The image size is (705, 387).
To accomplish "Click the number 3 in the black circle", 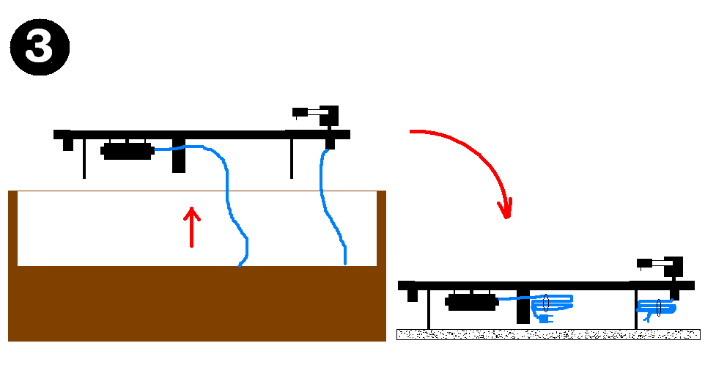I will (x=39, y=47).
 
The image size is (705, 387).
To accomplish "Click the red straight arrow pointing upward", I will (x=191, y=226).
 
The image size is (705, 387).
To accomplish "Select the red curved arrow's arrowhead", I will (x=504, y=208).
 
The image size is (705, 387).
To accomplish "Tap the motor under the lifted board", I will (x=127, y=152).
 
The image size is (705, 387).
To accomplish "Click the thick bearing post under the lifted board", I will (x=179, y=155).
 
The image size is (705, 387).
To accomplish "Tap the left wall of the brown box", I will (x=12, y=227).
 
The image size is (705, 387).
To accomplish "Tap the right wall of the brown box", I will (x=381, y=227).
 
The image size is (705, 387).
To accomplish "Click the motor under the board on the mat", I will (x=473, y=301).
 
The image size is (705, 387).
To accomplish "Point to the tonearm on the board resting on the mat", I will (x=663, y=264).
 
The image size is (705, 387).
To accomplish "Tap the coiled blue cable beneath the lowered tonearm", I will (x=656, y=308).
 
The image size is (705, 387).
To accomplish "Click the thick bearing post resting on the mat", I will (x=523, y=308).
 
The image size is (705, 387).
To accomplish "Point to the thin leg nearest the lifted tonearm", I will (x=292, y=158).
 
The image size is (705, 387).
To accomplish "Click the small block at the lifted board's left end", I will (x=67, y=144).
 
